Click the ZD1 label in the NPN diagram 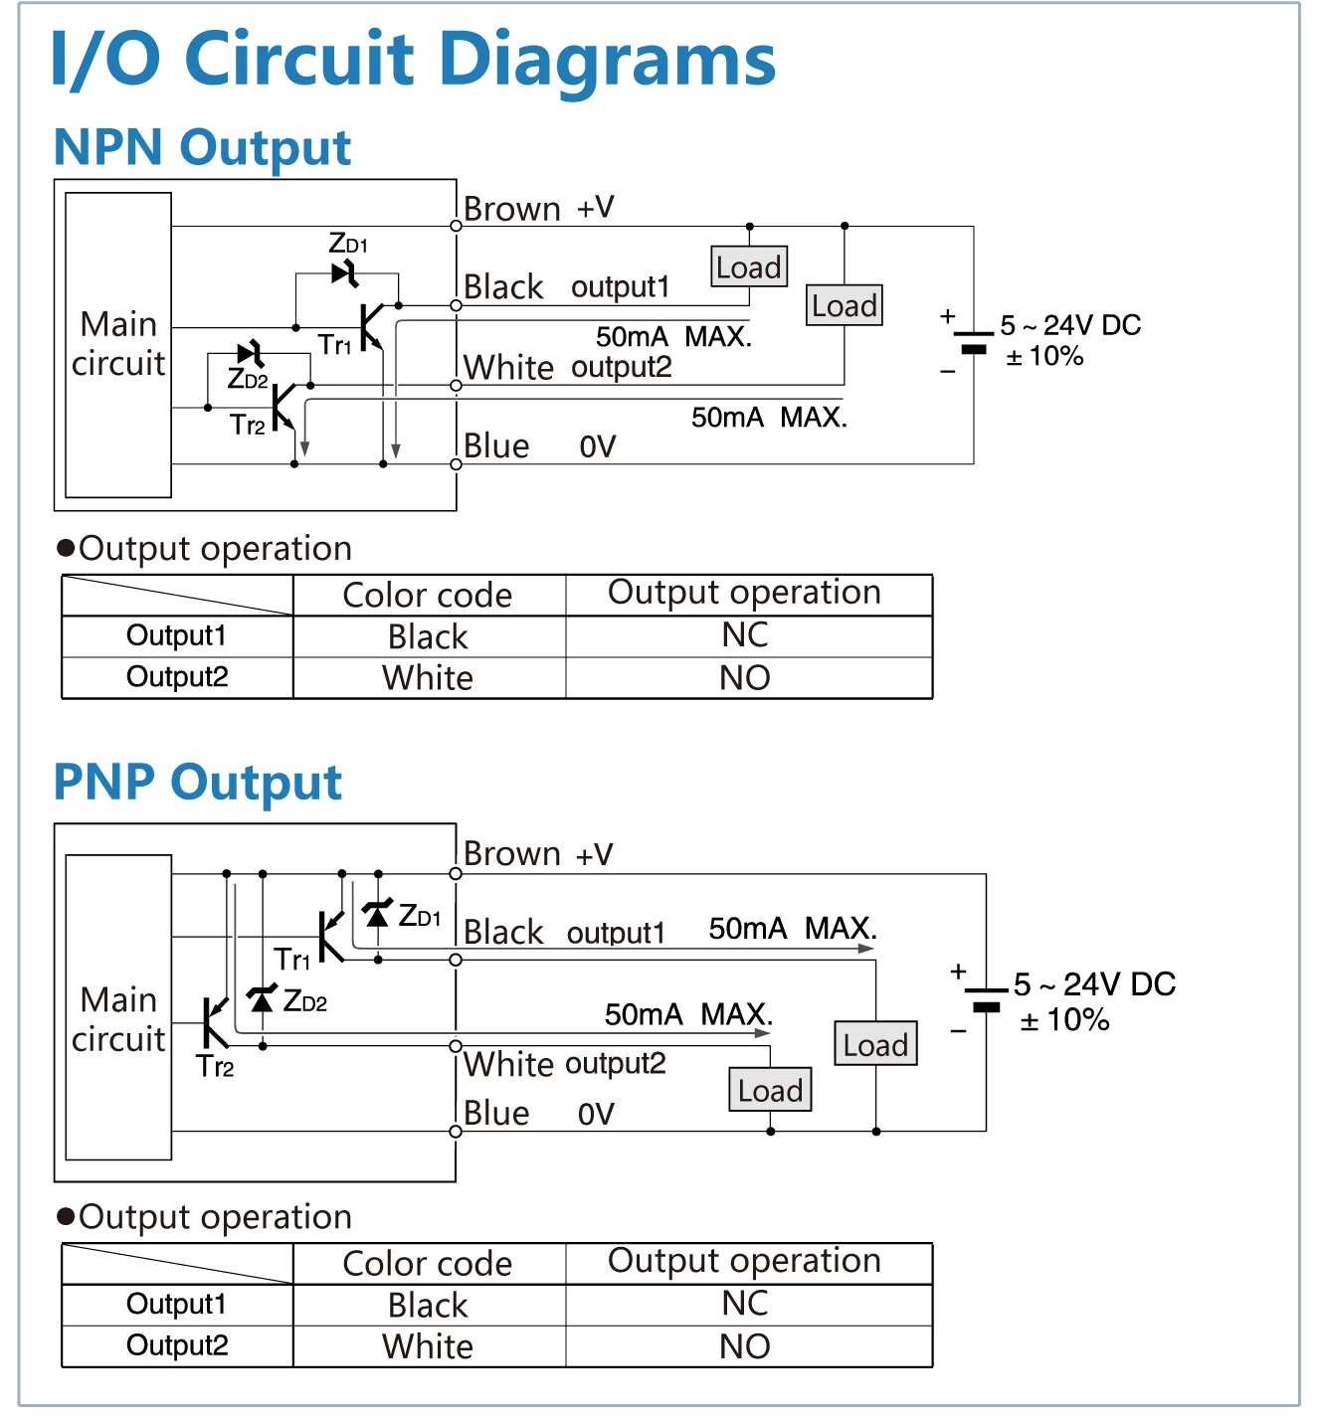[347, 244]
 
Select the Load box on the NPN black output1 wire [749, 266]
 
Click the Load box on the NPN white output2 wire [845, 305]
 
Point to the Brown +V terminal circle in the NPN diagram [456, 226]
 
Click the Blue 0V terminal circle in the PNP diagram [456, 1132]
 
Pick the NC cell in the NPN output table [745, 635]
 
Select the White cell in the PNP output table [428, 1346]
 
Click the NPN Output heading [203, 148]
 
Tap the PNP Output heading [198, 783]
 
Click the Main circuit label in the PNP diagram [118, 1019]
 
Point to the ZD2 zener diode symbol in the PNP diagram [262, 998]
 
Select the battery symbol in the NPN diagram [974, 342]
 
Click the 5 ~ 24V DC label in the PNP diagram [1094, 984]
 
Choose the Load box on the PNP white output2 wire [770, 1091]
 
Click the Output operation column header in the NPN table [744, 593]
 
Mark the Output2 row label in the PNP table [177, 1345]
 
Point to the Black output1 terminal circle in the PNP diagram [456, 960]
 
